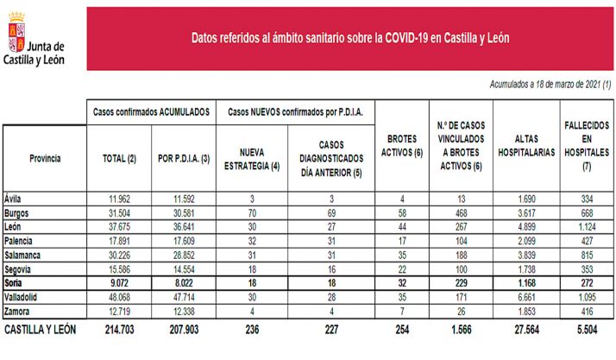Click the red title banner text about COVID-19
point(349,38)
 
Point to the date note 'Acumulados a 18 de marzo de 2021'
point(550,85)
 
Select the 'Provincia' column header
point(45,159)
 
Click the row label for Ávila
point(16,198)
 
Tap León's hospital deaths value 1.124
point(586,225)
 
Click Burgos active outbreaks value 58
point(400,212)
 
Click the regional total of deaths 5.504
point(586,330)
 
